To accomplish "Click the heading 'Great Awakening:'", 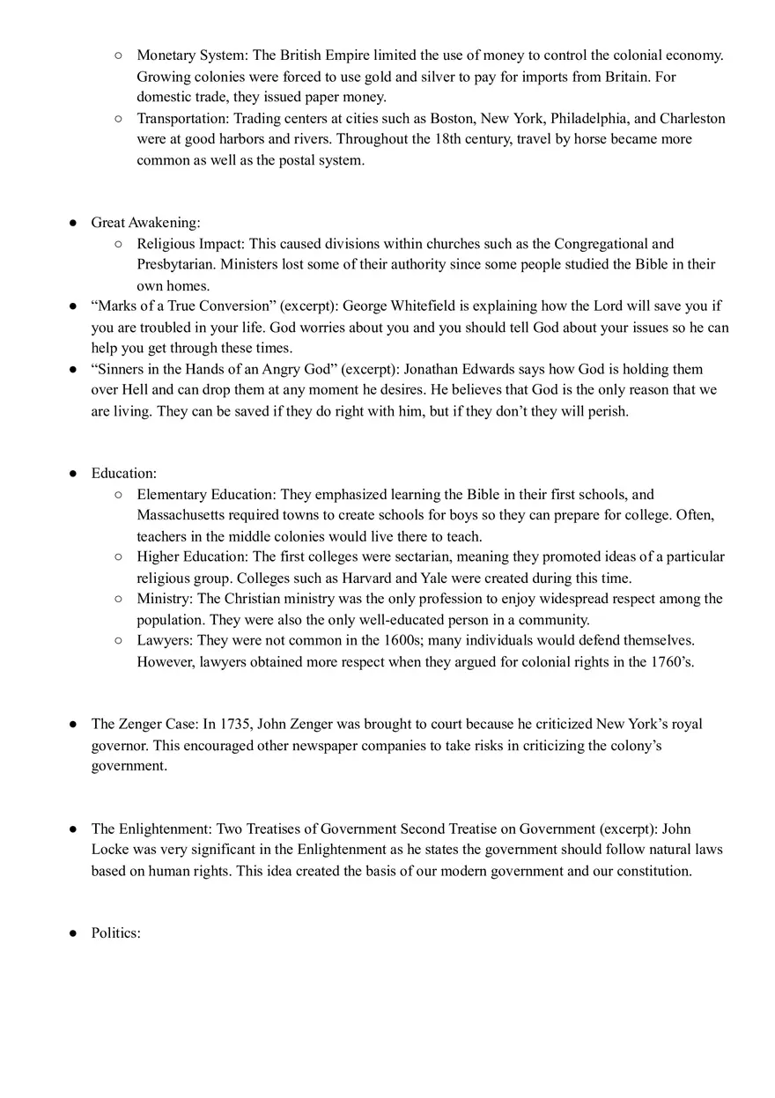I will [x=145, y=223].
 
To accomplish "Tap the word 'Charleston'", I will [x=692, y=118].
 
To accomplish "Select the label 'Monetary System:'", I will [x=192, y=55].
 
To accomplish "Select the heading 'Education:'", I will [x=124, y=474].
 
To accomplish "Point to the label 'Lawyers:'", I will [x=164, y=640].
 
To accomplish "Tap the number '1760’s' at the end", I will [x=673, y=661].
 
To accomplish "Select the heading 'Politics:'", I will [x=116, y=932].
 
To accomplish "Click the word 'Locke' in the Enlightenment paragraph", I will [x=112, y=850].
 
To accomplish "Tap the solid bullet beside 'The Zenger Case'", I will [x=74, y=724].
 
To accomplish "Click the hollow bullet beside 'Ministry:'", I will [x=119, y=599].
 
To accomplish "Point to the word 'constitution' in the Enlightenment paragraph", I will [x=653, y=871].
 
